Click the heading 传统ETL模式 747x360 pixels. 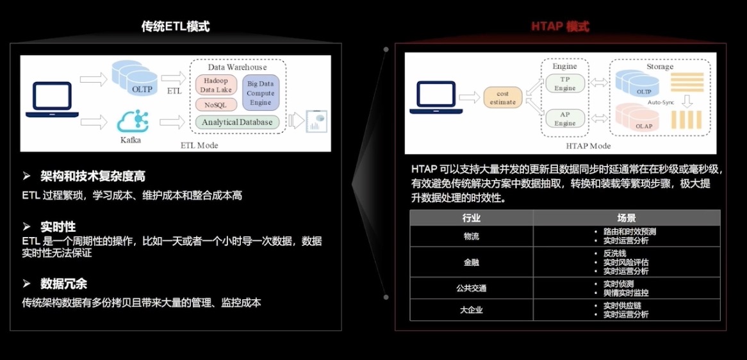click(175, 26)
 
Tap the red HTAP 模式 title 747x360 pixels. click(560, 26)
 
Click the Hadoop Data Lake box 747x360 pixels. click(215, 85)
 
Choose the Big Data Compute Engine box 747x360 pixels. click(260, 93)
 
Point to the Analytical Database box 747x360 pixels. click(237, 122)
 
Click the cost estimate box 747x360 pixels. click(502, 98)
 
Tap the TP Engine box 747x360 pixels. click(564, 84)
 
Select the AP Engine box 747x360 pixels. click(564, 119)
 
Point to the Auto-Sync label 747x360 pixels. click(660, 102)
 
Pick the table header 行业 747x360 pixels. click(472, 218)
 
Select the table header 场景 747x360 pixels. click(626, 218)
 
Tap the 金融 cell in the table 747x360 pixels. click(472, 262)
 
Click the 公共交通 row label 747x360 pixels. click(472, 288)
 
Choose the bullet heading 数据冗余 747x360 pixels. click(63, 283)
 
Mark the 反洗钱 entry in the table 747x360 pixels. click(616, 253)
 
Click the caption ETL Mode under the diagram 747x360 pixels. click(199, 145)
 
